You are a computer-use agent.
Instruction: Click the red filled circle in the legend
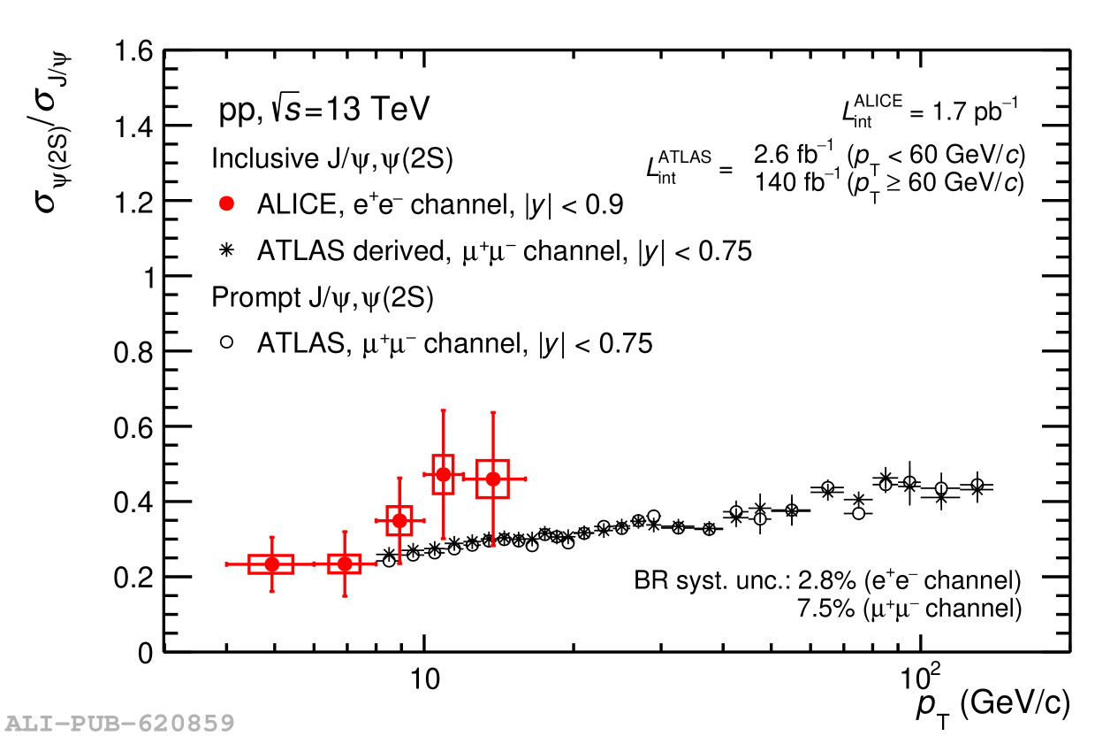pos(227,204)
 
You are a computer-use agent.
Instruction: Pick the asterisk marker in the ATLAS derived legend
pos(227,251)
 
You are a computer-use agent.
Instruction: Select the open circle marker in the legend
pos(227,342)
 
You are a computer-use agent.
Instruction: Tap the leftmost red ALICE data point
pos(272,564)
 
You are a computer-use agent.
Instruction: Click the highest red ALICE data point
pos(444,475)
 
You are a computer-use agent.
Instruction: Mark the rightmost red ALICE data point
pos(493,479)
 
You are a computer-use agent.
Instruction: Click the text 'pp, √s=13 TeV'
pos(323,111)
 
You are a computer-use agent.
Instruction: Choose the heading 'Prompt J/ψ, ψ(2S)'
pos(322,298)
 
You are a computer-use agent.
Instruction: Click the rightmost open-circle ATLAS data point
pos(977,486)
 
